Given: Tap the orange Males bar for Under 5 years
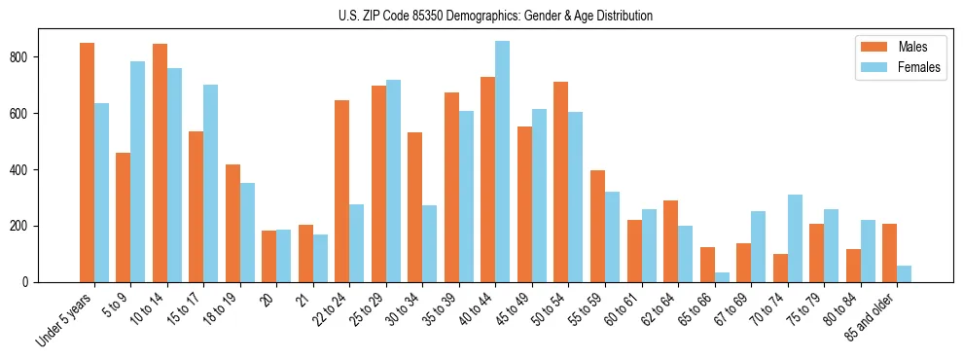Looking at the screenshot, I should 88,162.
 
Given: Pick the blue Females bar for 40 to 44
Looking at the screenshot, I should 503,162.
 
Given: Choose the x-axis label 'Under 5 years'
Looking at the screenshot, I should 66,320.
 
